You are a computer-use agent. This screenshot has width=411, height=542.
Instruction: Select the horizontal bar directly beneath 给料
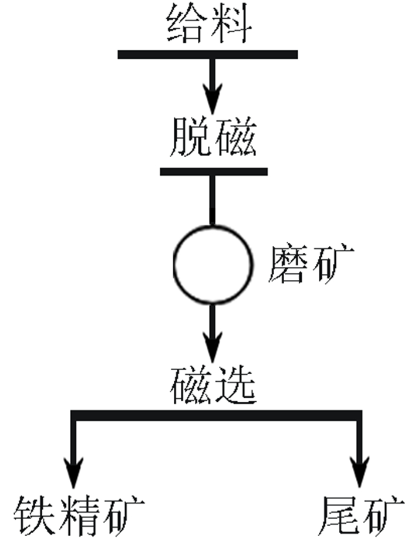(x=208, y=55)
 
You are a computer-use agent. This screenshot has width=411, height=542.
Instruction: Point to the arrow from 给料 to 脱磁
(x=213, y=85)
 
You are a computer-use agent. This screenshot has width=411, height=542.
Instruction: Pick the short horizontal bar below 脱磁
(x=214, y=172)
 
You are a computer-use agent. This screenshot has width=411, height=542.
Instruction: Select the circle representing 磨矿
(x=213, y=265)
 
